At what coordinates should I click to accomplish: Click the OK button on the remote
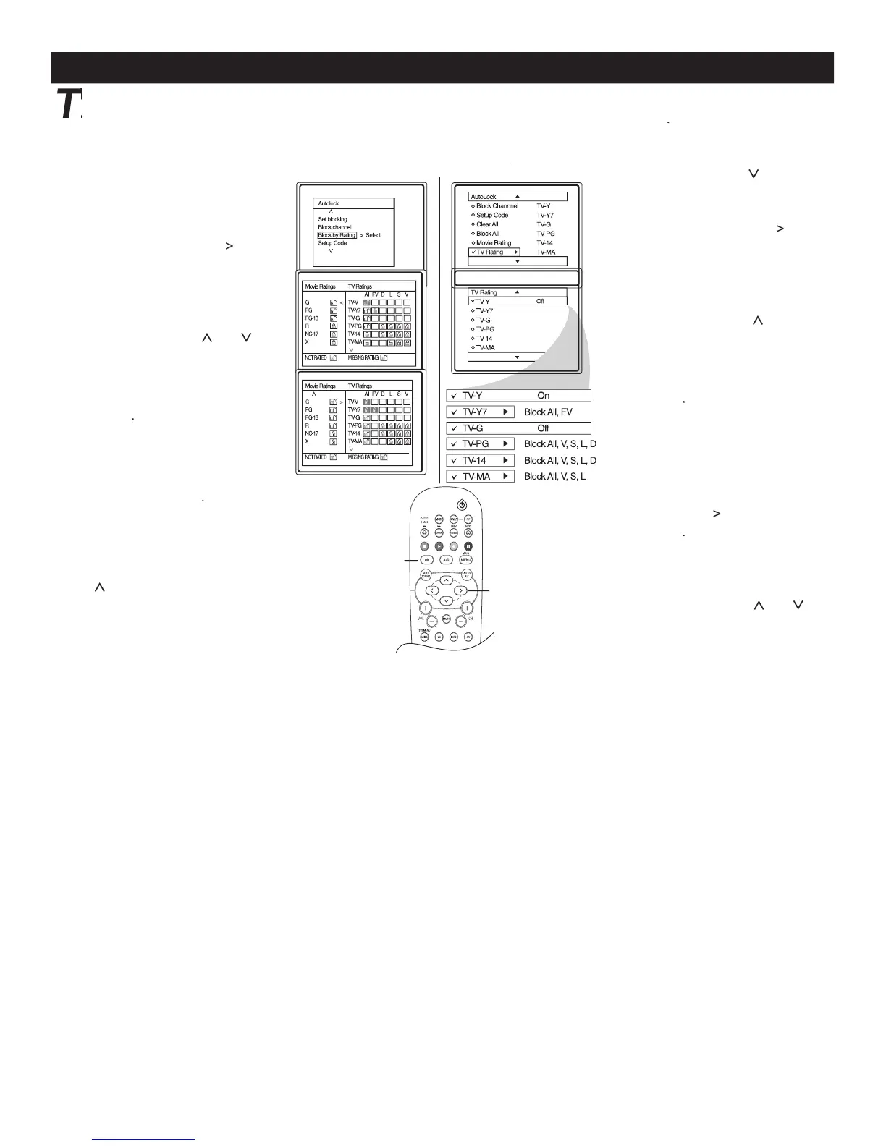(x=427, y=560)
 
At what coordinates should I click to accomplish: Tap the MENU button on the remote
(x=466, y=560)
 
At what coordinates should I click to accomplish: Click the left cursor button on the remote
(x=431, y=590)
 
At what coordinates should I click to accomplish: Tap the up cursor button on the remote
(x=447, y=580)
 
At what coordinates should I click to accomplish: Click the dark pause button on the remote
(x=468, y=546)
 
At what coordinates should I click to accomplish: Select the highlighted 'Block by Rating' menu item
(x=337, y=235)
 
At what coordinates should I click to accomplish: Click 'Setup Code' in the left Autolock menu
(x=332, y=243)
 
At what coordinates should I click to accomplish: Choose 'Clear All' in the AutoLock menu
(x=487, y=224)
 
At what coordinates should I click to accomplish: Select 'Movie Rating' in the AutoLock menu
(x=494, y=243)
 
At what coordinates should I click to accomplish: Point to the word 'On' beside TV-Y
(x=544, y=396)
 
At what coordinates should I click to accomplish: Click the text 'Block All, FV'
(x=548, y=412)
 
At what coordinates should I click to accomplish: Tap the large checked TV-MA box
(x=480, y=477)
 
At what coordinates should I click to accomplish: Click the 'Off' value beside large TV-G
(x=543, y=428)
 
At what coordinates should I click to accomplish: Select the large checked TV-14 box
(x=480, y=461)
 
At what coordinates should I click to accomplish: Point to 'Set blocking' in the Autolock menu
(x=332, y=219)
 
